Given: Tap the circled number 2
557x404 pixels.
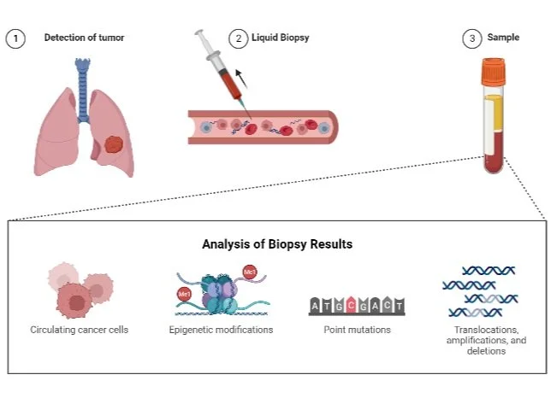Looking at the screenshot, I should (x=237, y=38).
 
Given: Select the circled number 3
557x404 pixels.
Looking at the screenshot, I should (x=471, y=38).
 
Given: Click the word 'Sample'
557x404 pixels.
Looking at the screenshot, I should (x=503, y=38).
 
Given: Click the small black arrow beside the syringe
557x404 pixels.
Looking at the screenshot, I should (x=242, y=79).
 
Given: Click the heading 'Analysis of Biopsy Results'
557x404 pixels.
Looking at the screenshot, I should (x=277, y=244).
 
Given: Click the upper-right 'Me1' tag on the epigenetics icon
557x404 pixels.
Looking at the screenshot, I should (x=251, y=272).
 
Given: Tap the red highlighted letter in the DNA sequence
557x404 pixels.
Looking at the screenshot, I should (x=351, y=305).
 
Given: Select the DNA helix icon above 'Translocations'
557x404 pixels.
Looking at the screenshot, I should (x=478, y=290).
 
